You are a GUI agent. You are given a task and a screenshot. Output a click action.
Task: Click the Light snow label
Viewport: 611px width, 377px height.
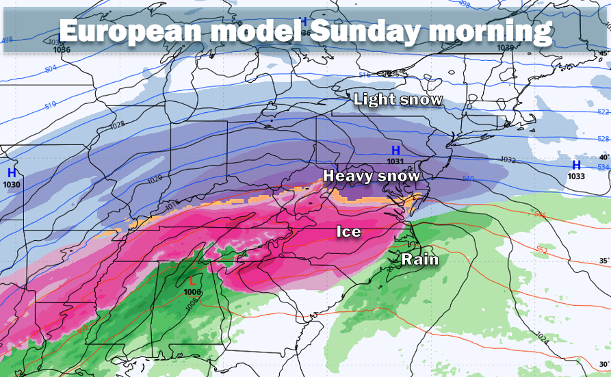pos(398,100)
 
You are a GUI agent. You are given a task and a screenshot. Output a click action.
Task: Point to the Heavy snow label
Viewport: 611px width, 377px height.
pos(372,176)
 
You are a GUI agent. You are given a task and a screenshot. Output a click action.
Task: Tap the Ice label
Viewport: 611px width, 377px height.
pos(348,232)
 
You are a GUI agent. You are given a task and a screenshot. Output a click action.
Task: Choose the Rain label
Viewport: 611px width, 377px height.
pos(419,259)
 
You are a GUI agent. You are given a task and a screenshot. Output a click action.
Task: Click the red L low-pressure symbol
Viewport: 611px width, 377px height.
pos(192,281)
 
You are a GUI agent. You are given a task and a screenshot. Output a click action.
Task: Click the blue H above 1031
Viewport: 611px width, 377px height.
pos(395,151)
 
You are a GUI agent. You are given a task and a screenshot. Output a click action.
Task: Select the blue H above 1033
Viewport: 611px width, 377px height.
pos(576,165)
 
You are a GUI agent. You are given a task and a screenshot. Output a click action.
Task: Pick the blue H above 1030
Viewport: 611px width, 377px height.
pos(12,173)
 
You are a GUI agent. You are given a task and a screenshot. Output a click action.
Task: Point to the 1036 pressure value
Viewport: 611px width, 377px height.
pos(62,49)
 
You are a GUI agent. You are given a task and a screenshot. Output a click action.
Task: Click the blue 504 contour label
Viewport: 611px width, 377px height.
pos(51,69)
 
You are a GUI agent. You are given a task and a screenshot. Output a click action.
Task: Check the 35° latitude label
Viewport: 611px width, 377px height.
pos(602,261)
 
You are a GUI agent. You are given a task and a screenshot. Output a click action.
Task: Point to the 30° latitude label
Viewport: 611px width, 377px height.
pos(602,363)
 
